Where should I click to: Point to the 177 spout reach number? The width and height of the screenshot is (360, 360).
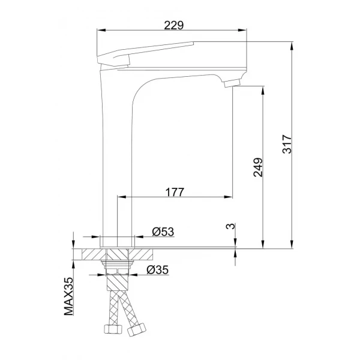[x=174, y=192]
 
